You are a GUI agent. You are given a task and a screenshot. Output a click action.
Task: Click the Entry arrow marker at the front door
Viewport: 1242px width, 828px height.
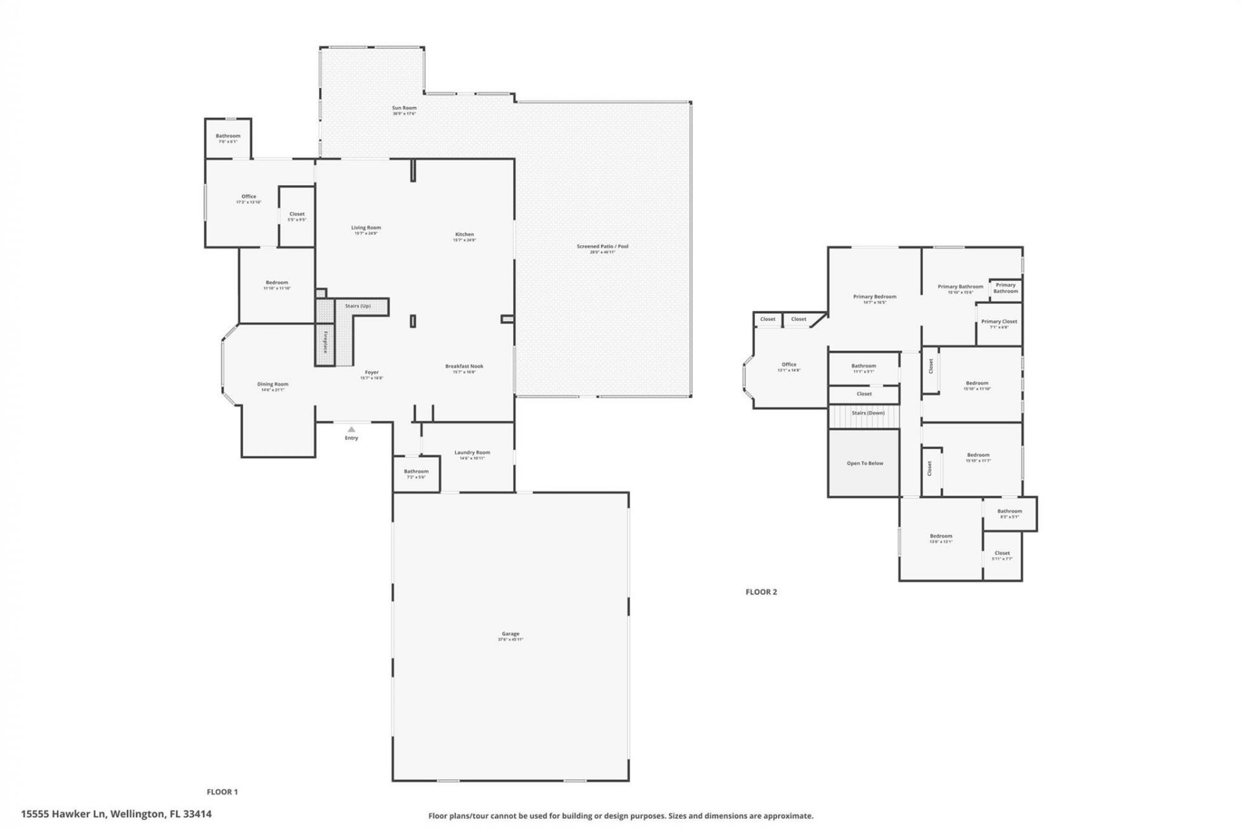tap(351, 430)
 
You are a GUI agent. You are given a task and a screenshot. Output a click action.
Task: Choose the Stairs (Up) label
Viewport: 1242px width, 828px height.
tap(358, 306)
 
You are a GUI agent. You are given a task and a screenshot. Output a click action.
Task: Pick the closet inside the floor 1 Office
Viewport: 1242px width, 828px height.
tap(297, 216)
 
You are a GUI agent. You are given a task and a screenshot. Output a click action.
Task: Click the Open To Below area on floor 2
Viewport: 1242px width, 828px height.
tap(864, 463)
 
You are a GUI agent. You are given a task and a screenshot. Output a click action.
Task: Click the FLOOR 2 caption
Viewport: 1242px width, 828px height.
tap(761, 592)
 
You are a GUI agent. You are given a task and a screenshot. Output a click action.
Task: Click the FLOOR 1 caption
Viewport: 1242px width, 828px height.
tap(222, 792)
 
